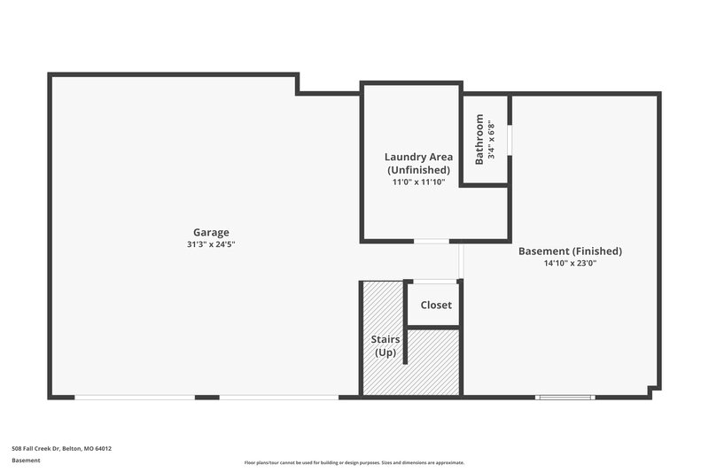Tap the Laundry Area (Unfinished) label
click(x=418, y=163)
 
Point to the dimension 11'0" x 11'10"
click(x=418, y=182)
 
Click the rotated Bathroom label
click(x=479, y=139)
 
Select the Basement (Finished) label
click(x=570, y=251)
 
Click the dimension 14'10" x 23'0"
click(x=570, y=263)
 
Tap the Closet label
click(x=435, y=305)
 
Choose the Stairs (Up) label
click(x=385, y=345)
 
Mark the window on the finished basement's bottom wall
click(x=565, y=397)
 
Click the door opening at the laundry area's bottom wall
click(x=432, y=241)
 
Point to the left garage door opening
click(x=134, y=397)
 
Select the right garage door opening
click(x=278, y=397)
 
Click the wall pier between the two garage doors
click(x=206, y=397)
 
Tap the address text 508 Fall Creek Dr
click(x=61, y=448)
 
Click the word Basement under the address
click(x=26, y=460)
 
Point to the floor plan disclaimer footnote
click(x=354, y=462)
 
